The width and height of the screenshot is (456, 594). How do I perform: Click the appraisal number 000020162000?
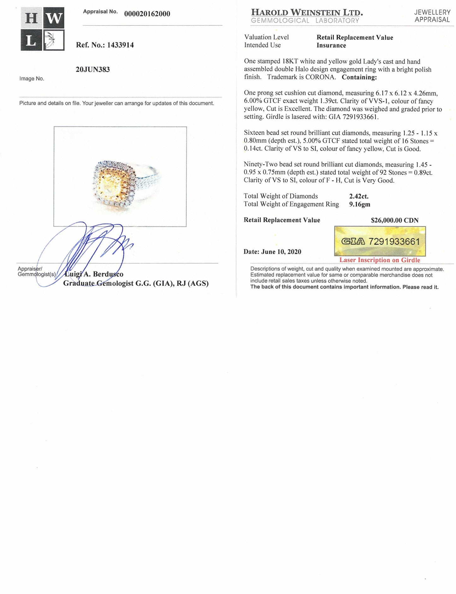(147, 14)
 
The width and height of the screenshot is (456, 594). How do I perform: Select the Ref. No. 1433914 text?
(105, 45)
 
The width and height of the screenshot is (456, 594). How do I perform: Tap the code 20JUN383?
(93, 69)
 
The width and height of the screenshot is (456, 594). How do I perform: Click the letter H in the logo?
(31, 18)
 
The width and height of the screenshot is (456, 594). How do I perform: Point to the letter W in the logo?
(54, 18)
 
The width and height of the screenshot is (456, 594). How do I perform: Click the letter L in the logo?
(31, 40)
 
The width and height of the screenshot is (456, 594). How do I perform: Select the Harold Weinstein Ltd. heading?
(307, 13)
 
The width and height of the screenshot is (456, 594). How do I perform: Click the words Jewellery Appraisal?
(432, 16)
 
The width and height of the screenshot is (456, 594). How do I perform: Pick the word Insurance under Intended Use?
(331, 45)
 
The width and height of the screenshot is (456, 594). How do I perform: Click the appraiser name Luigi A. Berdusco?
(94, 274)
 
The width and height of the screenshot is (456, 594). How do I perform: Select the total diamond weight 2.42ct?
(359, 196)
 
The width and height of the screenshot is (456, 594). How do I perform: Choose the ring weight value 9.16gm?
(360, 204)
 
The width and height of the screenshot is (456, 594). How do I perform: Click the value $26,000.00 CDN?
(394, 220)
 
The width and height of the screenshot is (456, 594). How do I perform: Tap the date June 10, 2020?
(272, 252)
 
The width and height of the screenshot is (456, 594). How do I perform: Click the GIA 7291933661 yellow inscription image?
(380, 242)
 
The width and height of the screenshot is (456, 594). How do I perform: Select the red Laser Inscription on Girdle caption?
(380, 260)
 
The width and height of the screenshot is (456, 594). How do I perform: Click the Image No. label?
(32, 79)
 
